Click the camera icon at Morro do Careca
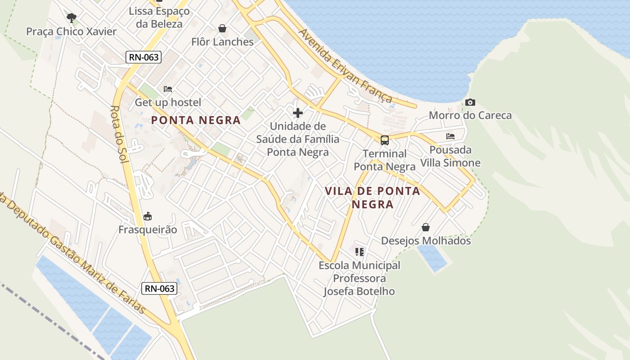coord(470,103)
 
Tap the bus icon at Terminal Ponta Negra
coord(384,140)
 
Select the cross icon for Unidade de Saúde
coord(298,113)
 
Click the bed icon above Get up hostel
coord(168,89)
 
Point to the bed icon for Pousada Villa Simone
coord(450,136)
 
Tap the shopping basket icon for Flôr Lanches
coord(222,29)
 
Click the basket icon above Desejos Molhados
coord(426,228)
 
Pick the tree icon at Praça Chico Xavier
coord(71,18)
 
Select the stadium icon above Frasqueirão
coord(148,216)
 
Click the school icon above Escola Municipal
coord(359,252)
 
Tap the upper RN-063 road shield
coord(143,57)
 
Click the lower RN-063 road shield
coord(159,288)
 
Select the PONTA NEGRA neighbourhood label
coord(196,120)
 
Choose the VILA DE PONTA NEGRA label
coord(373,198)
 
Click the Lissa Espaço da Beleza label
coord(159,17)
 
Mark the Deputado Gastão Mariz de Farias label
coord(72,252)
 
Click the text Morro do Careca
coord(470,116)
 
